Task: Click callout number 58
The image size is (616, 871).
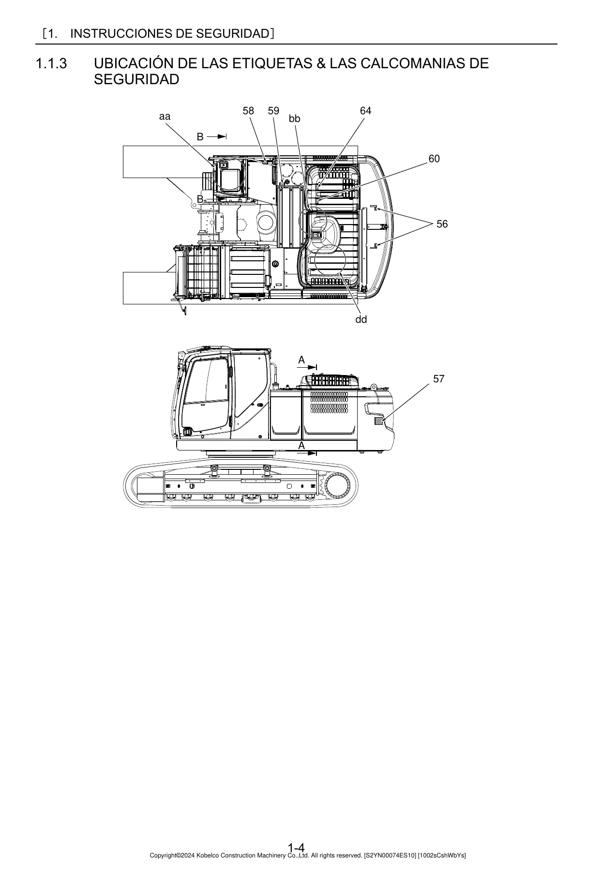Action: (x=248, y=111)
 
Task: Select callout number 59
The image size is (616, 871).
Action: (x=273, y=111)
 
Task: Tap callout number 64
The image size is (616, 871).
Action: (x=366, y=111)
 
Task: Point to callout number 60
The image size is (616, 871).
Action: (x=434, y=159)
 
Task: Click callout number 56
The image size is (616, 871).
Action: (x=442, y=224)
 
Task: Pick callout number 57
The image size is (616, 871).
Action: (x=439, y=379)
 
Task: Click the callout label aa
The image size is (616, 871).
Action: (x=165, y=117)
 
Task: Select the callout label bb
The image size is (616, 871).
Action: (x=295, y=119)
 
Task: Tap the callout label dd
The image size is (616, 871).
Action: (x=361, y=319)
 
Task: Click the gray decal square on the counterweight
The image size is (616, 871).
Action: (x=379, y=421)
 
